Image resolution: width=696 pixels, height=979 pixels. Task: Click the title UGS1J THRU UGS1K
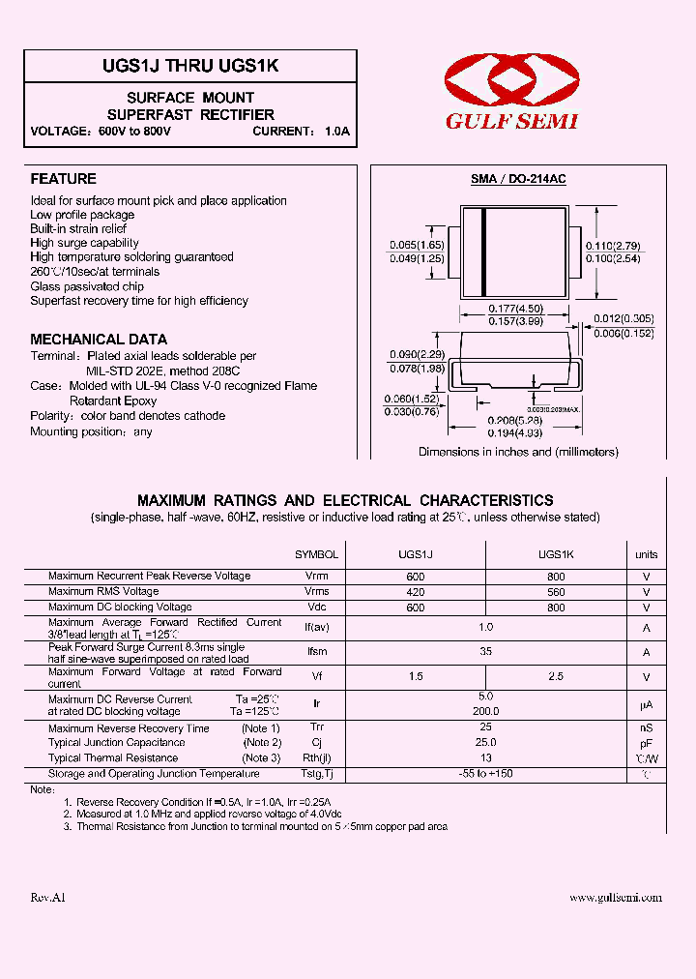tap(191, 66)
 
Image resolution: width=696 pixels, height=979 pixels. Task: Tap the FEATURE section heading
tap(63, 179)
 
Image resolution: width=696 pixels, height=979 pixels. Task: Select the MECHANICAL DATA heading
tap(91, 340)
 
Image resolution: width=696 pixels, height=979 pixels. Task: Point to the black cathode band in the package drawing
tap(483, 253)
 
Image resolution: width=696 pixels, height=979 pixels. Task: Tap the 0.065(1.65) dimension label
tap(417, 246)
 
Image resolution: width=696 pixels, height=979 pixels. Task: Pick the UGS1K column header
tap(556, 554)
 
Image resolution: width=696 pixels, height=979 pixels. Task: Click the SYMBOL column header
tap(316, 554)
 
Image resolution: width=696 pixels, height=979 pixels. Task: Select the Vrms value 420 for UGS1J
tap(416, 591)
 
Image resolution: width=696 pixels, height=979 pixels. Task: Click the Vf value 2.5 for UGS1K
tap(556, 676)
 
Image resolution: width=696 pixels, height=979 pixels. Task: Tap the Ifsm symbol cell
tap(316, 653)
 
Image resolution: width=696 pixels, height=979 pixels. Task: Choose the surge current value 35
tap(486, 653)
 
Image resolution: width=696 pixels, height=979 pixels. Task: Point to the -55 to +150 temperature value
tap(486, 774)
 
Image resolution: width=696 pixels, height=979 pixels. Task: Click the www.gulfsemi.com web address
tap(616, 898)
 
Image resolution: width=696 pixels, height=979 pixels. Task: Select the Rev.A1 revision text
tap(47, 898)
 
